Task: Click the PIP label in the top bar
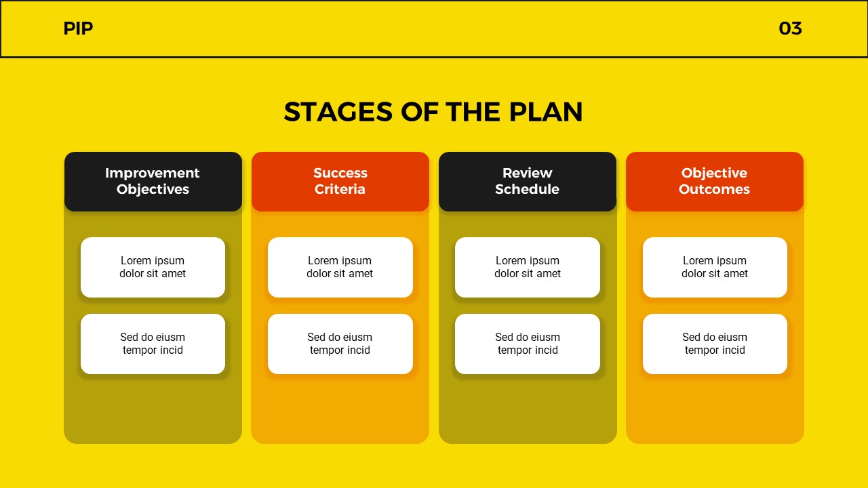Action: pos(78,28)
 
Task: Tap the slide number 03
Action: pos(790,28)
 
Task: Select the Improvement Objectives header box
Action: pos(153,181)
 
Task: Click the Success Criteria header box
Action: pos(340,181)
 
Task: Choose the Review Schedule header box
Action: pos(528,181)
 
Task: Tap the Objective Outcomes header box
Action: pos(715,181)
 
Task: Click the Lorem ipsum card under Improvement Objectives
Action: pos(153,267)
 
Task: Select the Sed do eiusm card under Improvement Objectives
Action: pos(153,344)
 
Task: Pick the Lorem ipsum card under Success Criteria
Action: pos(340,267)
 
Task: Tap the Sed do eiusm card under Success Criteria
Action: pos(340,344)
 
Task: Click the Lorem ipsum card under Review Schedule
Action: pos(528,267)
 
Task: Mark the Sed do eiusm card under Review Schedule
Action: pos(528,344)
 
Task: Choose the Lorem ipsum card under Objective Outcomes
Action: pos(715,267)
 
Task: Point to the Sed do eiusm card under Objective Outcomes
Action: pos(715,344)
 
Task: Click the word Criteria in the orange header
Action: pos(340,190)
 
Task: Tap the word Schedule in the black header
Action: pos(527,190)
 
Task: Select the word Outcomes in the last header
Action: pos(714,190)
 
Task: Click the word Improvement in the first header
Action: pos(153,173)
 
